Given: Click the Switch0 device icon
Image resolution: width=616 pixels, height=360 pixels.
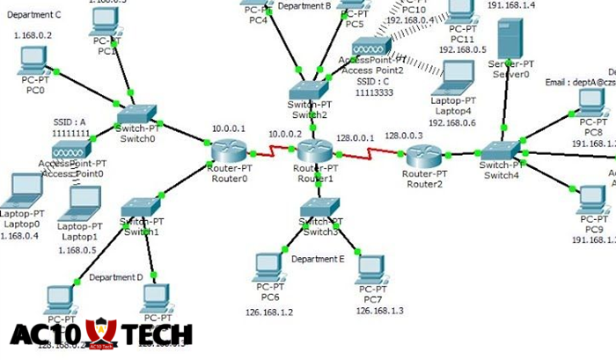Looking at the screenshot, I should [x=136, y=116].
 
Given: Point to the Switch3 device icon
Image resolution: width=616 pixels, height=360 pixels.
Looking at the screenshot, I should [x=319, y=209].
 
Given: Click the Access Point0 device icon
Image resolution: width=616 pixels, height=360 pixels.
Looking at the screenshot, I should [x=70, y=146].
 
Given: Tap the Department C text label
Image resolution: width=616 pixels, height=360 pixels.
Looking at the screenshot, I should [x=33, y=15].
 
